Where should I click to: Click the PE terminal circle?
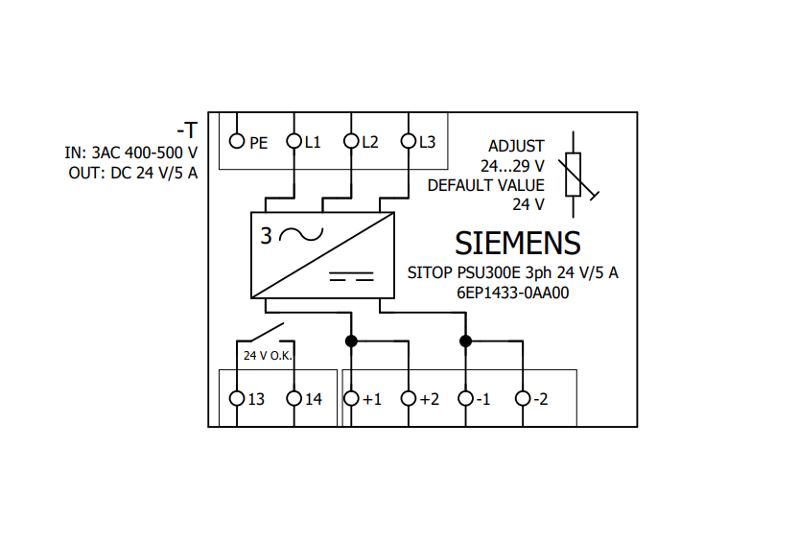[x=237, y=141]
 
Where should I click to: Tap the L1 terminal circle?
[x=294, y=141]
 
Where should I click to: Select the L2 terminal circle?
[x=351, y=141]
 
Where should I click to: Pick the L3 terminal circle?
[x=409, y=141]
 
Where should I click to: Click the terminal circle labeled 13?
[x=237, y=398]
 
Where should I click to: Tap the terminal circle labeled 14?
[x=294, y=398]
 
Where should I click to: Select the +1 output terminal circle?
[x=351, y=398]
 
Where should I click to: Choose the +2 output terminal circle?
[x=409, y=398]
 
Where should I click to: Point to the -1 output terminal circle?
[x=466, y=398]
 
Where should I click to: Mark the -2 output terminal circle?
[x=523, y=398]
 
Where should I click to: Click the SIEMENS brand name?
[x=518, y=244]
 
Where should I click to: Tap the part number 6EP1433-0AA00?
[x=512, y=294]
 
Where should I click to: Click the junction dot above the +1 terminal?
[x=351, y=341]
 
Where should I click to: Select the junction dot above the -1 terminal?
[x=466, y=341]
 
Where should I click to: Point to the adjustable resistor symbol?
[x=574, y=175]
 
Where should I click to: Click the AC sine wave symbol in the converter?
[x=301, y=235]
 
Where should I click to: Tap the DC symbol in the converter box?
[x=352, y=277]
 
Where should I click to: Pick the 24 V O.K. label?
[x=268, y=356]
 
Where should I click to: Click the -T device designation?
[x=187, y=130]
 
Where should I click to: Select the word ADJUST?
[x=516, y=147]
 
